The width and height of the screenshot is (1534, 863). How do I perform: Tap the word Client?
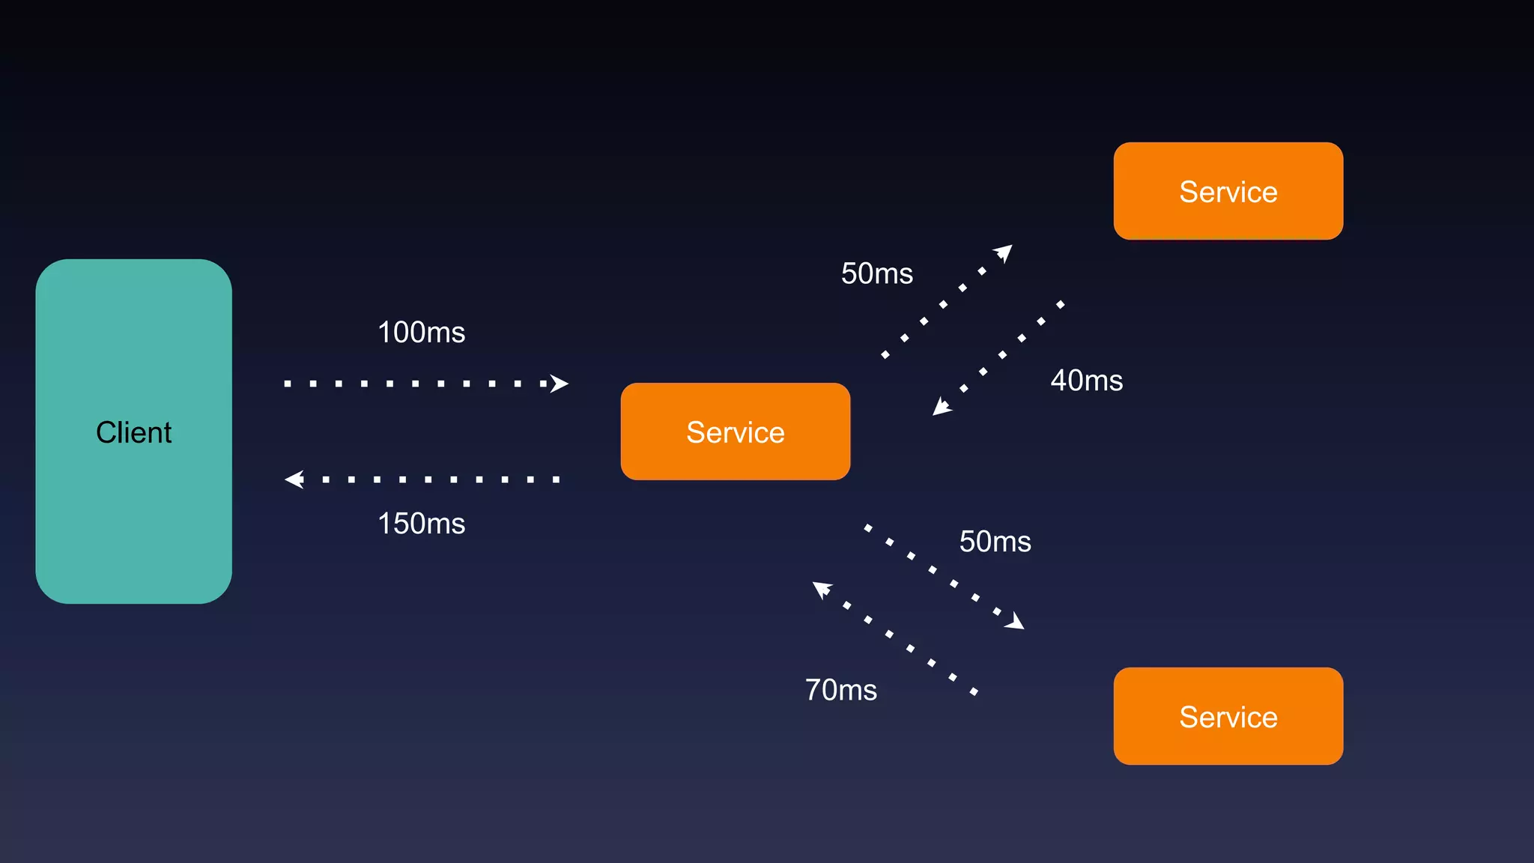pos(133,432)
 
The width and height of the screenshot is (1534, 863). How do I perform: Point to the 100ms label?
pos(421,332)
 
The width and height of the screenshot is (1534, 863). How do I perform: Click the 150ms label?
pos(421,523)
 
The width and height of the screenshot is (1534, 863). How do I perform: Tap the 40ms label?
pos(1086,381)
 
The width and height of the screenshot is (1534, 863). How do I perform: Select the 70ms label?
pos(840,690)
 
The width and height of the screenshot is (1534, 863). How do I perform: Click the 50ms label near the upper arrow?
pos(876,273)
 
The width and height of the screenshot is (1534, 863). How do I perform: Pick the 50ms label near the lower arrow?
pos(995,542)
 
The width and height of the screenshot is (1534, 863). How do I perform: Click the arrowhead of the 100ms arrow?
pos(559,384)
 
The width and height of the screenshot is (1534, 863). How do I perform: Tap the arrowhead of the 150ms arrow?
pos(295,479)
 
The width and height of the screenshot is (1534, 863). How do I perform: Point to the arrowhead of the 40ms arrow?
pos(941,407)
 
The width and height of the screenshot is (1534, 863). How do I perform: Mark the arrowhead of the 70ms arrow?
pos(822,589)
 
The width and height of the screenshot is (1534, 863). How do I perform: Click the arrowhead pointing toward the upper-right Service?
pos(1004,252)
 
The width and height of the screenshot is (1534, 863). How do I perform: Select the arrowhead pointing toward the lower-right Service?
pos(1015,621)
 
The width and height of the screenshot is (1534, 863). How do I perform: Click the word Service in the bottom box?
pos(1228,717)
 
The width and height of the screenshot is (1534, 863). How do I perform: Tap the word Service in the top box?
pos(1228,192)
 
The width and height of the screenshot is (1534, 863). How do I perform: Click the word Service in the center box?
pos(735,432)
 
